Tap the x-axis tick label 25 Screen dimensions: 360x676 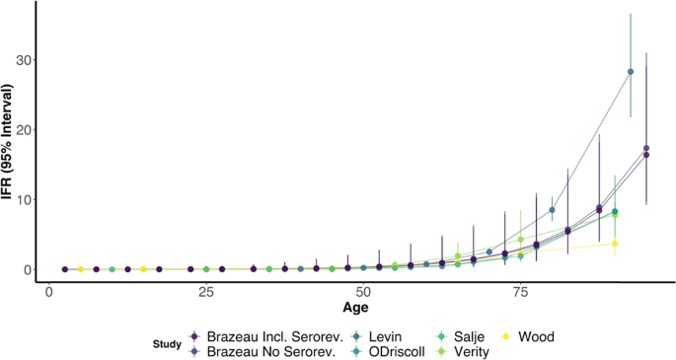point(205,292)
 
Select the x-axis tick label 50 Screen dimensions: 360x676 point(362,292)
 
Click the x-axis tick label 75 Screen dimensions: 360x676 point(520,292)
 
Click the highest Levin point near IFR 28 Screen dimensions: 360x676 point(631,72)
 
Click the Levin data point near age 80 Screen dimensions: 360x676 point(552,210)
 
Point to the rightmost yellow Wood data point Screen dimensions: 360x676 point(615,244)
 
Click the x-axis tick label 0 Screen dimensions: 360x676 point(48,292)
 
